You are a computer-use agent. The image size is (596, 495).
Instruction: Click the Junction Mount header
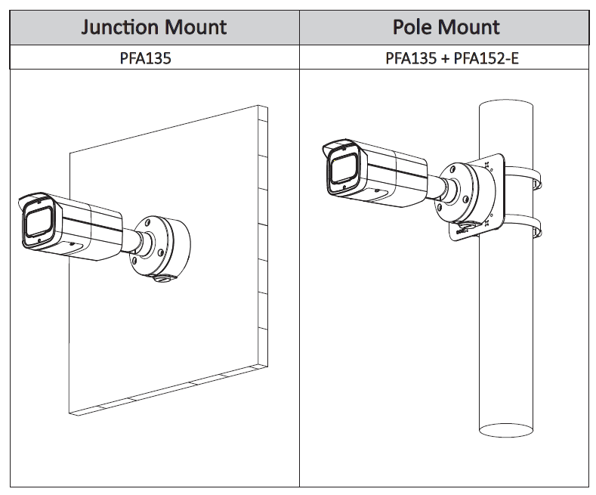point(154,28)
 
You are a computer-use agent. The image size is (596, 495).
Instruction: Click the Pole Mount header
point(446,28)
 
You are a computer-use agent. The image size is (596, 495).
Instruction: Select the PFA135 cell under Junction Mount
point(145,57)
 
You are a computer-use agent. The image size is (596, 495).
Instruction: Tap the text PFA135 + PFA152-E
point(452,57)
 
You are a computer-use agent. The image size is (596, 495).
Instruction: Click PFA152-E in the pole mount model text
point(486,57)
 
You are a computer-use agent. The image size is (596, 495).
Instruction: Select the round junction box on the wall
point(160,246)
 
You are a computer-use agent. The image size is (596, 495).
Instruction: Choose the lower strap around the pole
point(523,227)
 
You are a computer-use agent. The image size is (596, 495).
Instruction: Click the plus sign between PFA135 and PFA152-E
point(444,57)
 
